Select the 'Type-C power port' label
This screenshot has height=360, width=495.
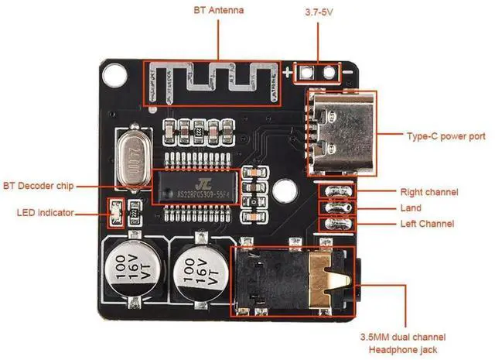(x=446, y=136)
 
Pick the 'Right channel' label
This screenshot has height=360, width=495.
(x=428, y=191)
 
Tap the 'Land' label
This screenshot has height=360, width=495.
(x=411, y=207)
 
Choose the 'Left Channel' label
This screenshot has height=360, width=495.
(x=427, y=224)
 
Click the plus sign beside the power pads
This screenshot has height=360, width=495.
(x=288, y=74)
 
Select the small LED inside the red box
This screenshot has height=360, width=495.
(x=117, y=210)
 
